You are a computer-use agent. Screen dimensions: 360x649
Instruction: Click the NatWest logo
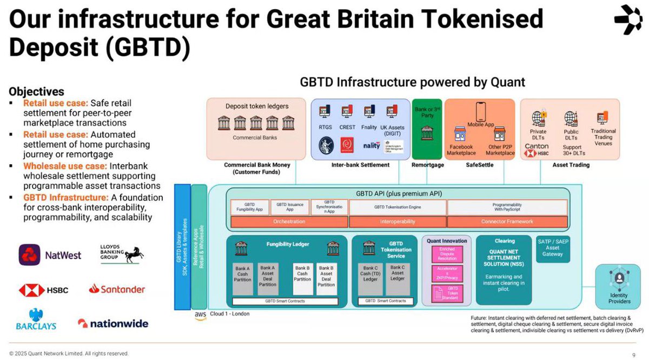[x=50, y=255]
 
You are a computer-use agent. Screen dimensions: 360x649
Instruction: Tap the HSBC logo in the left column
[x=44, y=290]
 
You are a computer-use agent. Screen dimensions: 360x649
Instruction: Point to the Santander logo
[x=117, y=289]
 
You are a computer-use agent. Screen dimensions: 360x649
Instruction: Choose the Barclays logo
[x=36, y=319]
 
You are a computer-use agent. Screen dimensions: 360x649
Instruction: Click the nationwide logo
[x=112, y=323]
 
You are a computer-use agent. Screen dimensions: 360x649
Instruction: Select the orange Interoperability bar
[x=398, y=222]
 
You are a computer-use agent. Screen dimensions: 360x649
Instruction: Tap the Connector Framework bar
[x=507, y=222]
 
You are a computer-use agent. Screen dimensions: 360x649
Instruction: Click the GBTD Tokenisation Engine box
[x=398, y=207]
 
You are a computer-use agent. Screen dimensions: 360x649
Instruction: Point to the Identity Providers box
[x=619, y=286]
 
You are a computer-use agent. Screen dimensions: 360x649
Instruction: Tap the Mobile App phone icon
[x=480, y=112]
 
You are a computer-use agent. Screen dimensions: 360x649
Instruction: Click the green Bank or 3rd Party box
[x=427, y=128]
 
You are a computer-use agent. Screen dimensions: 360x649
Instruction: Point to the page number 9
[x=634, y=355]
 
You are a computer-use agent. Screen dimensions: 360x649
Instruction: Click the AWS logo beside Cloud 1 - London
[x=200, y=315]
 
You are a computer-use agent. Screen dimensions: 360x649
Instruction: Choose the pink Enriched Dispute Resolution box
[x=447, y=255]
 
